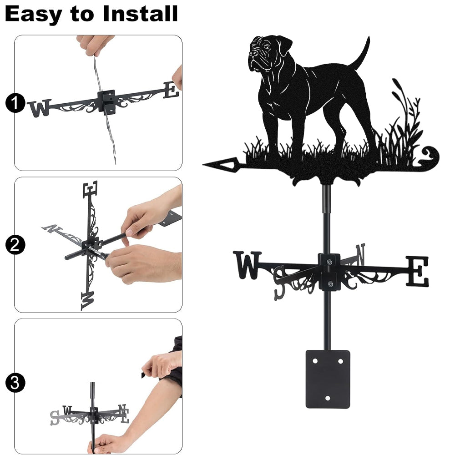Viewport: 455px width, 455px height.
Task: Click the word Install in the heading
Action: (140, 14)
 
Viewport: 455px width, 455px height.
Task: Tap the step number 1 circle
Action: (15, 103)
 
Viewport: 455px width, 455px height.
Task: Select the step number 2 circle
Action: (15, 245)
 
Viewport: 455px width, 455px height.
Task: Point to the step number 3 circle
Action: (15, 383)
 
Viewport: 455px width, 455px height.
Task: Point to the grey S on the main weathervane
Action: (280, 283)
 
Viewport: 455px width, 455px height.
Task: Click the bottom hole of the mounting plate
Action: (328, 398)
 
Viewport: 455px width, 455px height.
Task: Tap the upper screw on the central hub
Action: (329, 263)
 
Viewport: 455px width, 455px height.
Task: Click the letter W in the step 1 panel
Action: (40, 108)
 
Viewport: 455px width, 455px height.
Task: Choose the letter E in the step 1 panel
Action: (171, 90)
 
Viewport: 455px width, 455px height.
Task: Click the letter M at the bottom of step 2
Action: (88, 301)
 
